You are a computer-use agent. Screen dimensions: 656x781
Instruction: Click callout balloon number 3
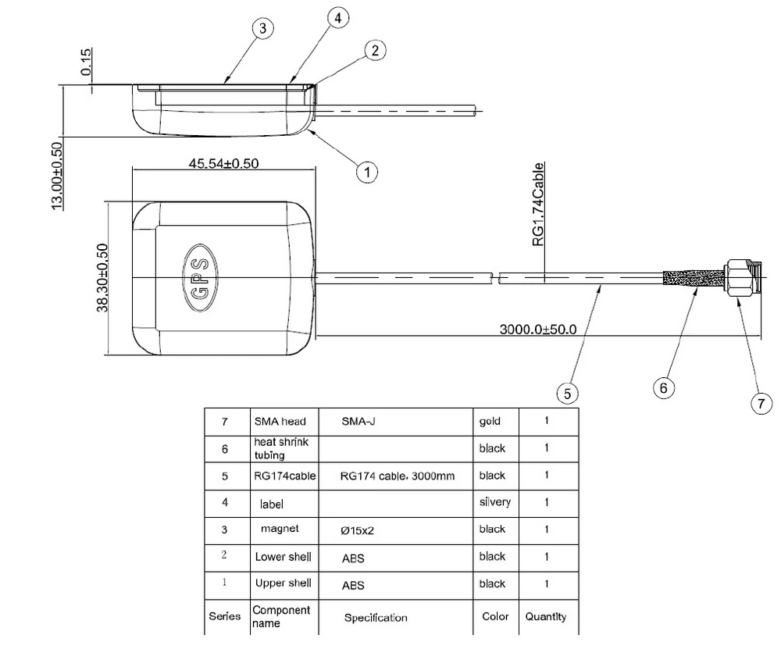(263, 28)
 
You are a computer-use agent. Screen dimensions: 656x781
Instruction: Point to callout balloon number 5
(568, 389)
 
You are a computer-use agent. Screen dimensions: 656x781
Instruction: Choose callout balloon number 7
(761, 403)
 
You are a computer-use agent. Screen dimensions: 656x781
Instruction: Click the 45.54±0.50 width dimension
(223, 163)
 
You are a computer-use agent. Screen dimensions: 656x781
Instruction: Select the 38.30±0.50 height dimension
(102, 277)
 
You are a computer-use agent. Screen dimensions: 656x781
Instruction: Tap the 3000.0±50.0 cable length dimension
(538, 329)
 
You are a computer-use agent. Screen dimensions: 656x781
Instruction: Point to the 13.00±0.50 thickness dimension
(57, 176)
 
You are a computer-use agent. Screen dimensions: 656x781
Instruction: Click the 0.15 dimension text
(87, 63)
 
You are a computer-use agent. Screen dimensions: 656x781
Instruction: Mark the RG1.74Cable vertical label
(539, 205)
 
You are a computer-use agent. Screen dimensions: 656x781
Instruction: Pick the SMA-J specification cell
(359, 421)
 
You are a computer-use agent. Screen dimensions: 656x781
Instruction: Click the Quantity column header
(546, 616)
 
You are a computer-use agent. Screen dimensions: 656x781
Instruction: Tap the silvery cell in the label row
(494, 502)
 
